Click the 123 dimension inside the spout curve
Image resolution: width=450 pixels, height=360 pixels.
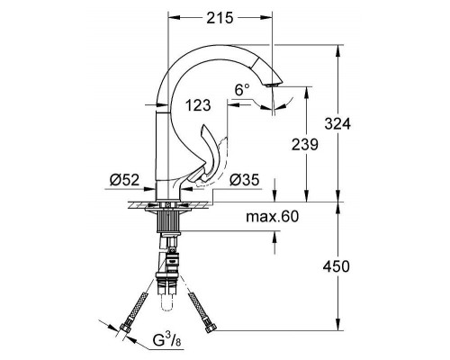[x=200, y=105]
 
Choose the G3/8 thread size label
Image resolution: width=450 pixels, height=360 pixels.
[x=167, y=340]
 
